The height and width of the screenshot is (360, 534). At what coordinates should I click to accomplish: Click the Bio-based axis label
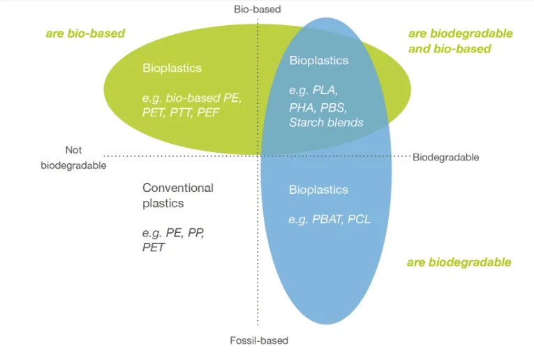[x=257, y=9]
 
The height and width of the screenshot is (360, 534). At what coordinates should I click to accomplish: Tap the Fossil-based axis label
[x=259, y=340]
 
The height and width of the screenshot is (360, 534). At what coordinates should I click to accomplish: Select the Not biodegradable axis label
[x=73, y=158]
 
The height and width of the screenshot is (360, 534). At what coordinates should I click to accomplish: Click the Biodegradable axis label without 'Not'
[x=445, y=157]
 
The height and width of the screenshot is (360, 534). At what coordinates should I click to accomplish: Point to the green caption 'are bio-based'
[x=85, y=33]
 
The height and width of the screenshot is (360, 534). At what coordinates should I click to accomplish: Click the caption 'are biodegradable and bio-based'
[x=461, y=41]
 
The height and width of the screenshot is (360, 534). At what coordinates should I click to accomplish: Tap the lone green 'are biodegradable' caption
[x=459, y=262]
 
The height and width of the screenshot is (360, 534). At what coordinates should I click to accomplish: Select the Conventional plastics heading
[x=178, y=195]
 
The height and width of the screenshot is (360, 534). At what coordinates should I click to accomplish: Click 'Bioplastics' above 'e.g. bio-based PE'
[x=172, y=68]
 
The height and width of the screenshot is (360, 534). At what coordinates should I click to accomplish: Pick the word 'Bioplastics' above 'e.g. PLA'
[x=319, y=61]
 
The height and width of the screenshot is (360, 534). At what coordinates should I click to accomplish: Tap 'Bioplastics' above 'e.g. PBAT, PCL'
[x=318, y=190]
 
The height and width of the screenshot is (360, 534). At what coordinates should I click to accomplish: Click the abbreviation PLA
[x=325, y=90]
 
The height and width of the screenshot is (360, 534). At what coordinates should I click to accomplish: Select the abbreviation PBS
[x=334, y=107]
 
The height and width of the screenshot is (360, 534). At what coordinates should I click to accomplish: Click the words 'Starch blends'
[x=326, y=122]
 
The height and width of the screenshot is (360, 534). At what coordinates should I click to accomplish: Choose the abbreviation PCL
[x=359, y=219]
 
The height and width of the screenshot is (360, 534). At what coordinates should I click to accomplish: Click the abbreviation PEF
[x=208, y=112]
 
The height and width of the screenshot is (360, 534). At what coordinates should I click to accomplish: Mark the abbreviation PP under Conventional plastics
[x=196, y=233]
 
